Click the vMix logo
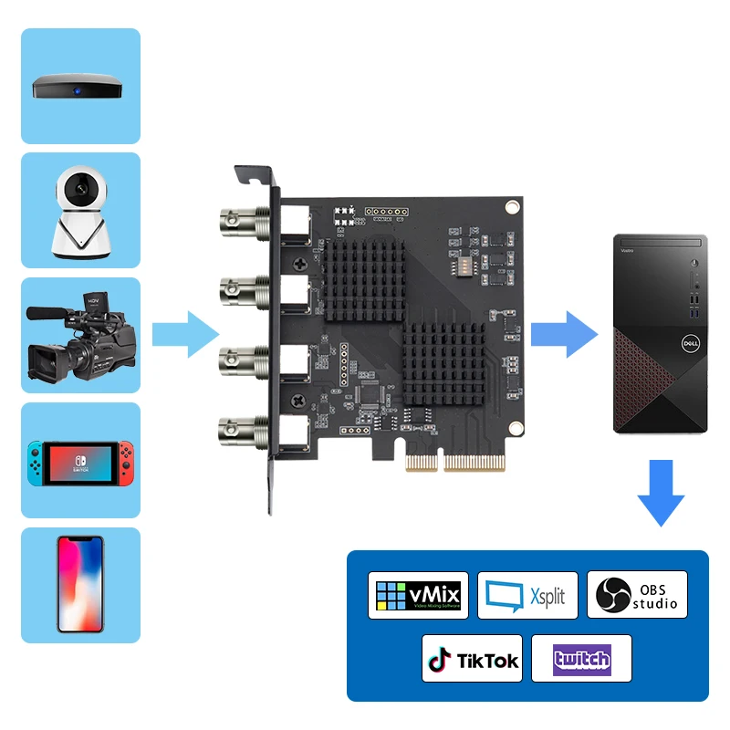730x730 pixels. click(419, 595)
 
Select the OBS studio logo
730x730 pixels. click(637, 595)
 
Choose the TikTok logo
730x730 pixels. click(472, 659)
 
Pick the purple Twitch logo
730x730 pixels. click(581, 659)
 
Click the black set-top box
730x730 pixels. click(80, 88)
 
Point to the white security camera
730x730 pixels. click(80, 214)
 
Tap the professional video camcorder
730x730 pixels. click(80, 338)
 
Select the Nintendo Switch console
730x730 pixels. click(80, 463)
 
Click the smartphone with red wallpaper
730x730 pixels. click(80, 584)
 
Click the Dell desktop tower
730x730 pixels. click(660, 333)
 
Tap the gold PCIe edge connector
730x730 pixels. click(454, 462)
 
